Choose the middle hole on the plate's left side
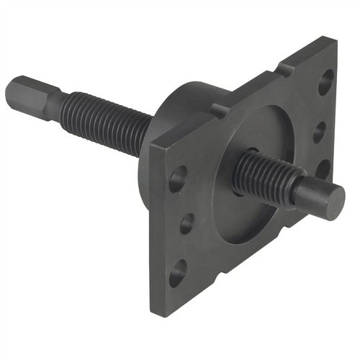coord(186,224)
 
